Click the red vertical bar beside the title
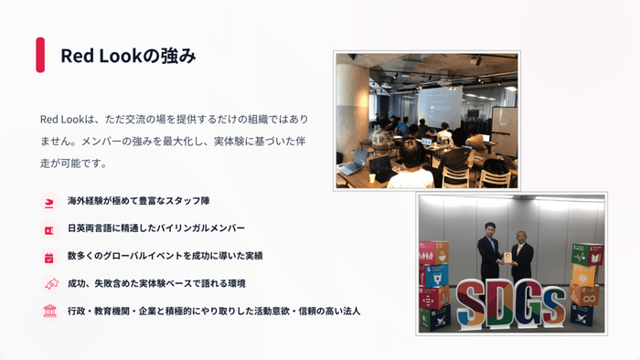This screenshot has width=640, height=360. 40,55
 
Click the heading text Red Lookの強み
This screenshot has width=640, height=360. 128,56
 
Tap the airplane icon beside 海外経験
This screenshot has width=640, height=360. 49,202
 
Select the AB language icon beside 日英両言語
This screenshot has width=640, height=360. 49,230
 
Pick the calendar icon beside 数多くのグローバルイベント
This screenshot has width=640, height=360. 49,258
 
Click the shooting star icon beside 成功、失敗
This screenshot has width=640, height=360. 50,284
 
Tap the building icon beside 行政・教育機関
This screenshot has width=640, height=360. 49,311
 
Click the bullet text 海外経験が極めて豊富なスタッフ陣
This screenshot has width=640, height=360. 138,201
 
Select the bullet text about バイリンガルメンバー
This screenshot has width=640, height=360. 156,228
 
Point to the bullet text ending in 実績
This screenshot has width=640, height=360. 165,256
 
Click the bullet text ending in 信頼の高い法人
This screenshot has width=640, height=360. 214,311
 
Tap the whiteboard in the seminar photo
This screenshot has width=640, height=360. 504,125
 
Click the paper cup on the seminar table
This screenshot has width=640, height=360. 372,178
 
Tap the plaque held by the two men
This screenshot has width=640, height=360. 507,258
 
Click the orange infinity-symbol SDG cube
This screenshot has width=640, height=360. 585,295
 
